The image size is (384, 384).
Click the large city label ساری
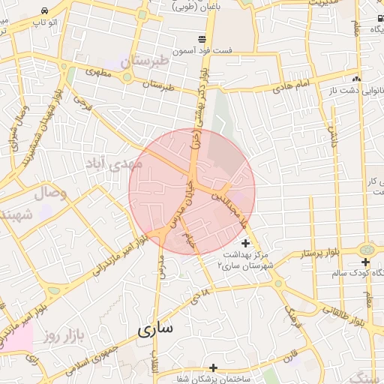(x=155, y=328)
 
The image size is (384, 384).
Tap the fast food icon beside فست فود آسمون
(x=202, y=39)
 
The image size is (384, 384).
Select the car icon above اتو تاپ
(x=46, y=11)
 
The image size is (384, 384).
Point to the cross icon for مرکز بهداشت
(x=245, y=243)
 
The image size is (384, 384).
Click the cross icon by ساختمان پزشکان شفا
(x=214, y=367)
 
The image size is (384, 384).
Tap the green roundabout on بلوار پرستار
(x=366, y=249)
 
